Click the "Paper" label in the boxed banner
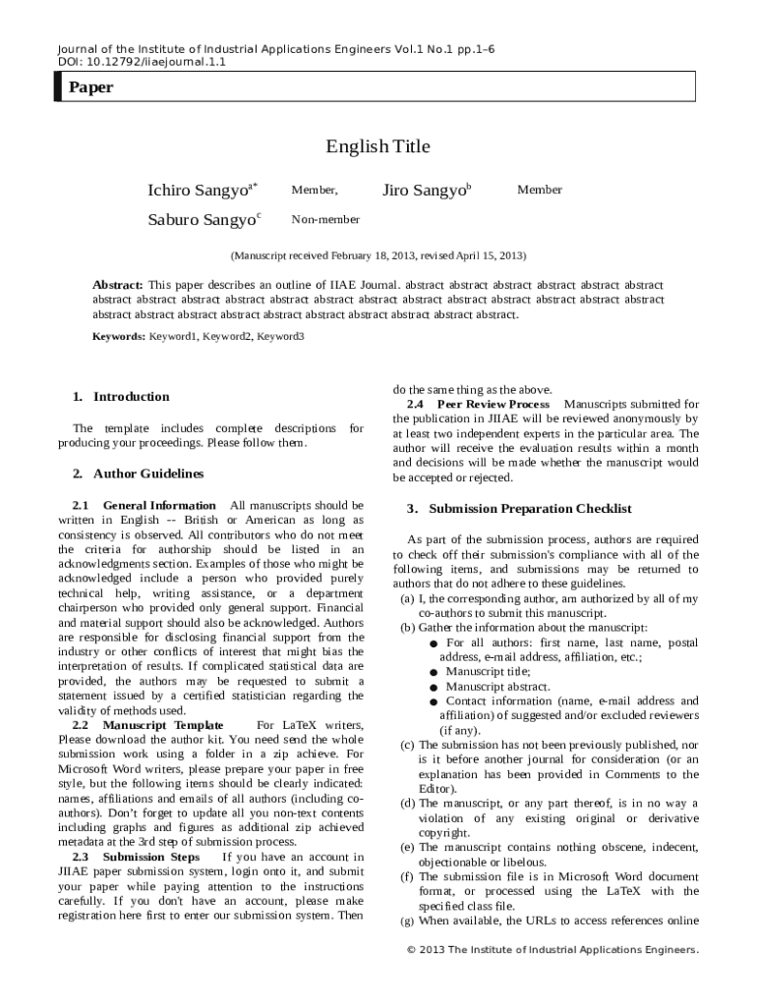click(x=90, y=87)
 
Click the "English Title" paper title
click(x=378, y=146)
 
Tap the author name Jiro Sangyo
click(x=424, y=190)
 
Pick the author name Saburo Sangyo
click(x=202, y=219)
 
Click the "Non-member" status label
click(x=325, y=219)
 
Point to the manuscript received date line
click(x=378, y=255)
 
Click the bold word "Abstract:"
click(x=117, y=284)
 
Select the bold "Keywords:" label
click(x=119, y=336)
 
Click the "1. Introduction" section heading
click(x=121, y=397)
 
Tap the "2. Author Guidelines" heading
click(x=138, y=474)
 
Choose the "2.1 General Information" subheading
click(x=144, y=505)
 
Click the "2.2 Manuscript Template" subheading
click(x=142, y=725)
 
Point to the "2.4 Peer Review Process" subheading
click(x=479, y=404)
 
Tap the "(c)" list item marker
click(x=406, y=746)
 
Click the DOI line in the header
click(x=143, y=62)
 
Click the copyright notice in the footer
click(x=553, y=950)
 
